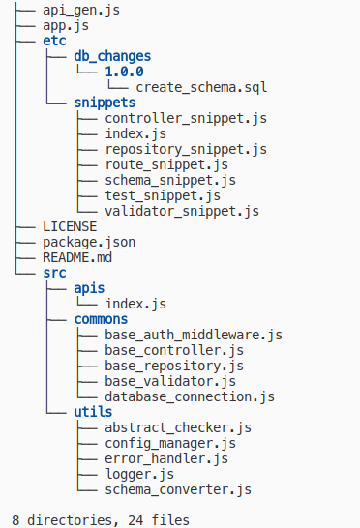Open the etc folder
pyautogui.click(x=54, y=42)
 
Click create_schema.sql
pyautogui.click(x=201, y=87)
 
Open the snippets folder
pyautogui.click(x=105, y=103)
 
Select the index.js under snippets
pyautogui.click(x=136, y=133)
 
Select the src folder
pyautogui.click(x=54, y=272)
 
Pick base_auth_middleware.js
pyautogui.click(x=194, y=335)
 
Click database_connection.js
pyautogui.click(x=190, y=396)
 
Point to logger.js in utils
pyautogui.click(x=140, y=474)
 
